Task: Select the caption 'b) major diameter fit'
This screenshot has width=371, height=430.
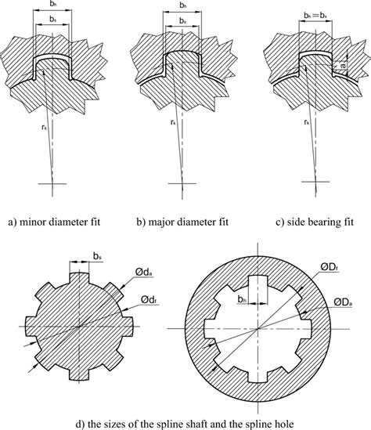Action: (x=182, y=222)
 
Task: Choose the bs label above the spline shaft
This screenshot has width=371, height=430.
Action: (x=97, y=257)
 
